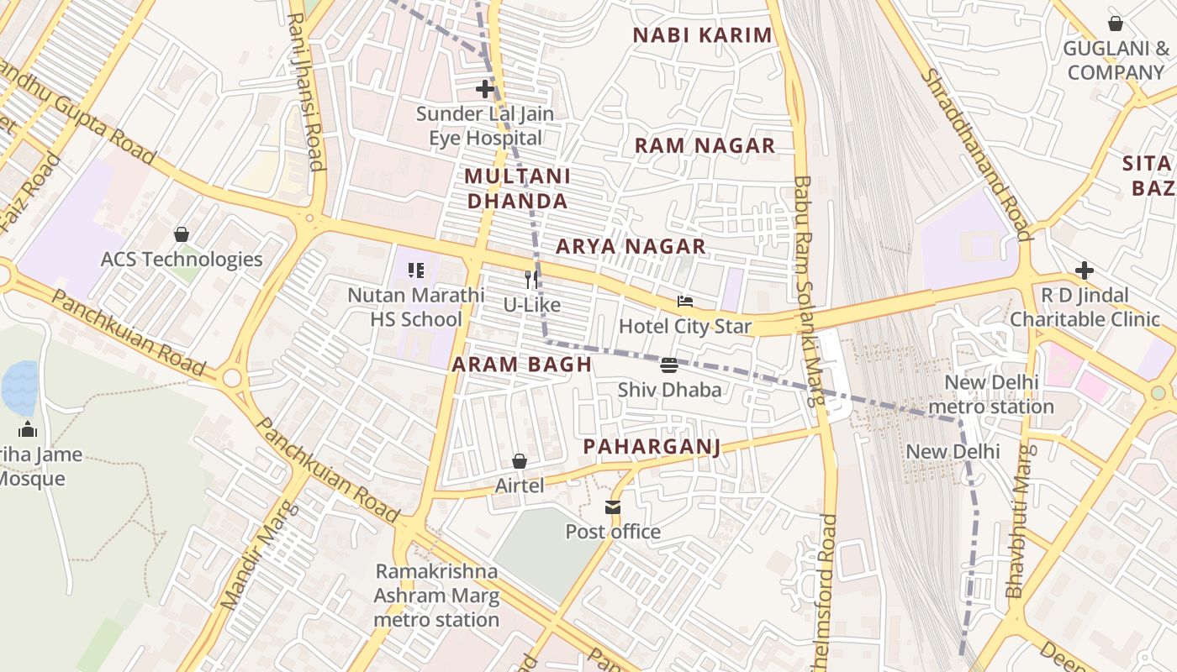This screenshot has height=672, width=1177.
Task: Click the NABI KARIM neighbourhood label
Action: pos(702,35)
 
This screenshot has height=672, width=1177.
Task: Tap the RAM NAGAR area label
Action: pos(705,145)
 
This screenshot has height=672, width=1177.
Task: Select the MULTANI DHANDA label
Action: pos(517,189)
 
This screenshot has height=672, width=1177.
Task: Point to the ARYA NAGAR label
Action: pos(631,246)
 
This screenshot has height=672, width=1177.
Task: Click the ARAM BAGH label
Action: pos(522,365)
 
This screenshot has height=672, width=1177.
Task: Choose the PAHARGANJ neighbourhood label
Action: pos(652,446)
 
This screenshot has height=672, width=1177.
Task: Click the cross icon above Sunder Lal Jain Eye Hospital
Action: pos(485,89)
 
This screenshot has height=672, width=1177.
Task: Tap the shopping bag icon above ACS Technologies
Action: pos(181,234)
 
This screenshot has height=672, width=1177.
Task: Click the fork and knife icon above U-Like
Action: pos(531,279)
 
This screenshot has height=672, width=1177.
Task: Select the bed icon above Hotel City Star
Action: pos(685,302)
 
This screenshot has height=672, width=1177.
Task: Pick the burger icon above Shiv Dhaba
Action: pos(669,365)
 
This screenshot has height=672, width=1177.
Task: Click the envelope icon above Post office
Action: pos(612,507)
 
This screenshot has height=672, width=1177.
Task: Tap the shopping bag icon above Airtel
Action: pos(520,461)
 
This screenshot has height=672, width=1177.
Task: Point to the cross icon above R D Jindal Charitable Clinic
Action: pos(1085,270)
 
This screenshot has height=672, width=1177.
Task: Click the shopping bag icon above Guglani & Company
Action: pos(1116,24)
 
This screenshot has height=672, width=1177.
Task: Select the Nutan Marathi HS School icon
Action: pos(416,270)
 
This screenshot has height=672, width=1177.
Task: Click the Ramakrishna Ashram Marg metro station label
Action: pos(436,596)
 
